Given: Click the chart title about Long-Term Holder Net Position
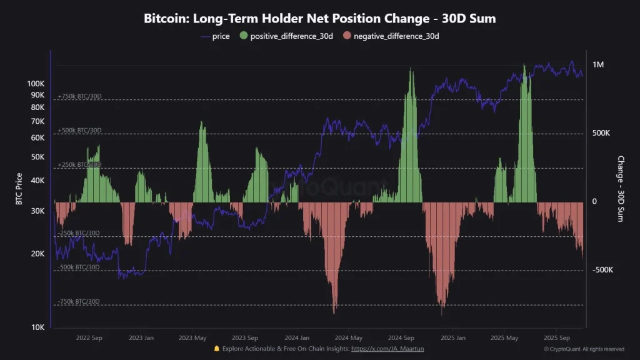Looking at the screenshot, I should coord(319,18).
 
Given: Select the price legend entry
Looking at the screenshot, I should coord(215,36).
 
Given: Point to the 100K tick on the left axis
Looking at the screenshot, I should coord(36,84).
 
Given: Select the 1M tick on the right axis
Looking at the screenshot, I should coord(598,65).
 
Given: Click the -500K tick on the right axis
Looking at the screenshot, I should coord(602,270).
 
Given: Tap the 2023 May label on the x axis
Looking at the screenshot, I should coord(192,337).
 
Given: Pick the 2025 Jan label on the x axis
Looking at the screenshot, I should coord(452,337).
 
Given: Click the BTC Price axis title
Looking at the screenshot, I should coord(19,189).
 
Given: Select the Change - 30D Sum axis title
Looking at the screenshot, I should coord(621,189).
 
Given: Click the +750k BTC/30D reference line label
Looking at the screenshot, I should coord(79,96).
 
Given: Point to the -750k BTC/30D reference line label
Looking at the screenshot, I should coord(79,301).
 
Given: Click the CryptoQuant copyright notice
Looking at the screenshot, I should coord(584,349).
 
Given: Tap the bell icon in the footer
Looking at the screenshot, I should coord(217,349).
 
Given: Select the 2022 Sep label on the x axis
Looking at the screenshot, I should coord(89,337).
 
